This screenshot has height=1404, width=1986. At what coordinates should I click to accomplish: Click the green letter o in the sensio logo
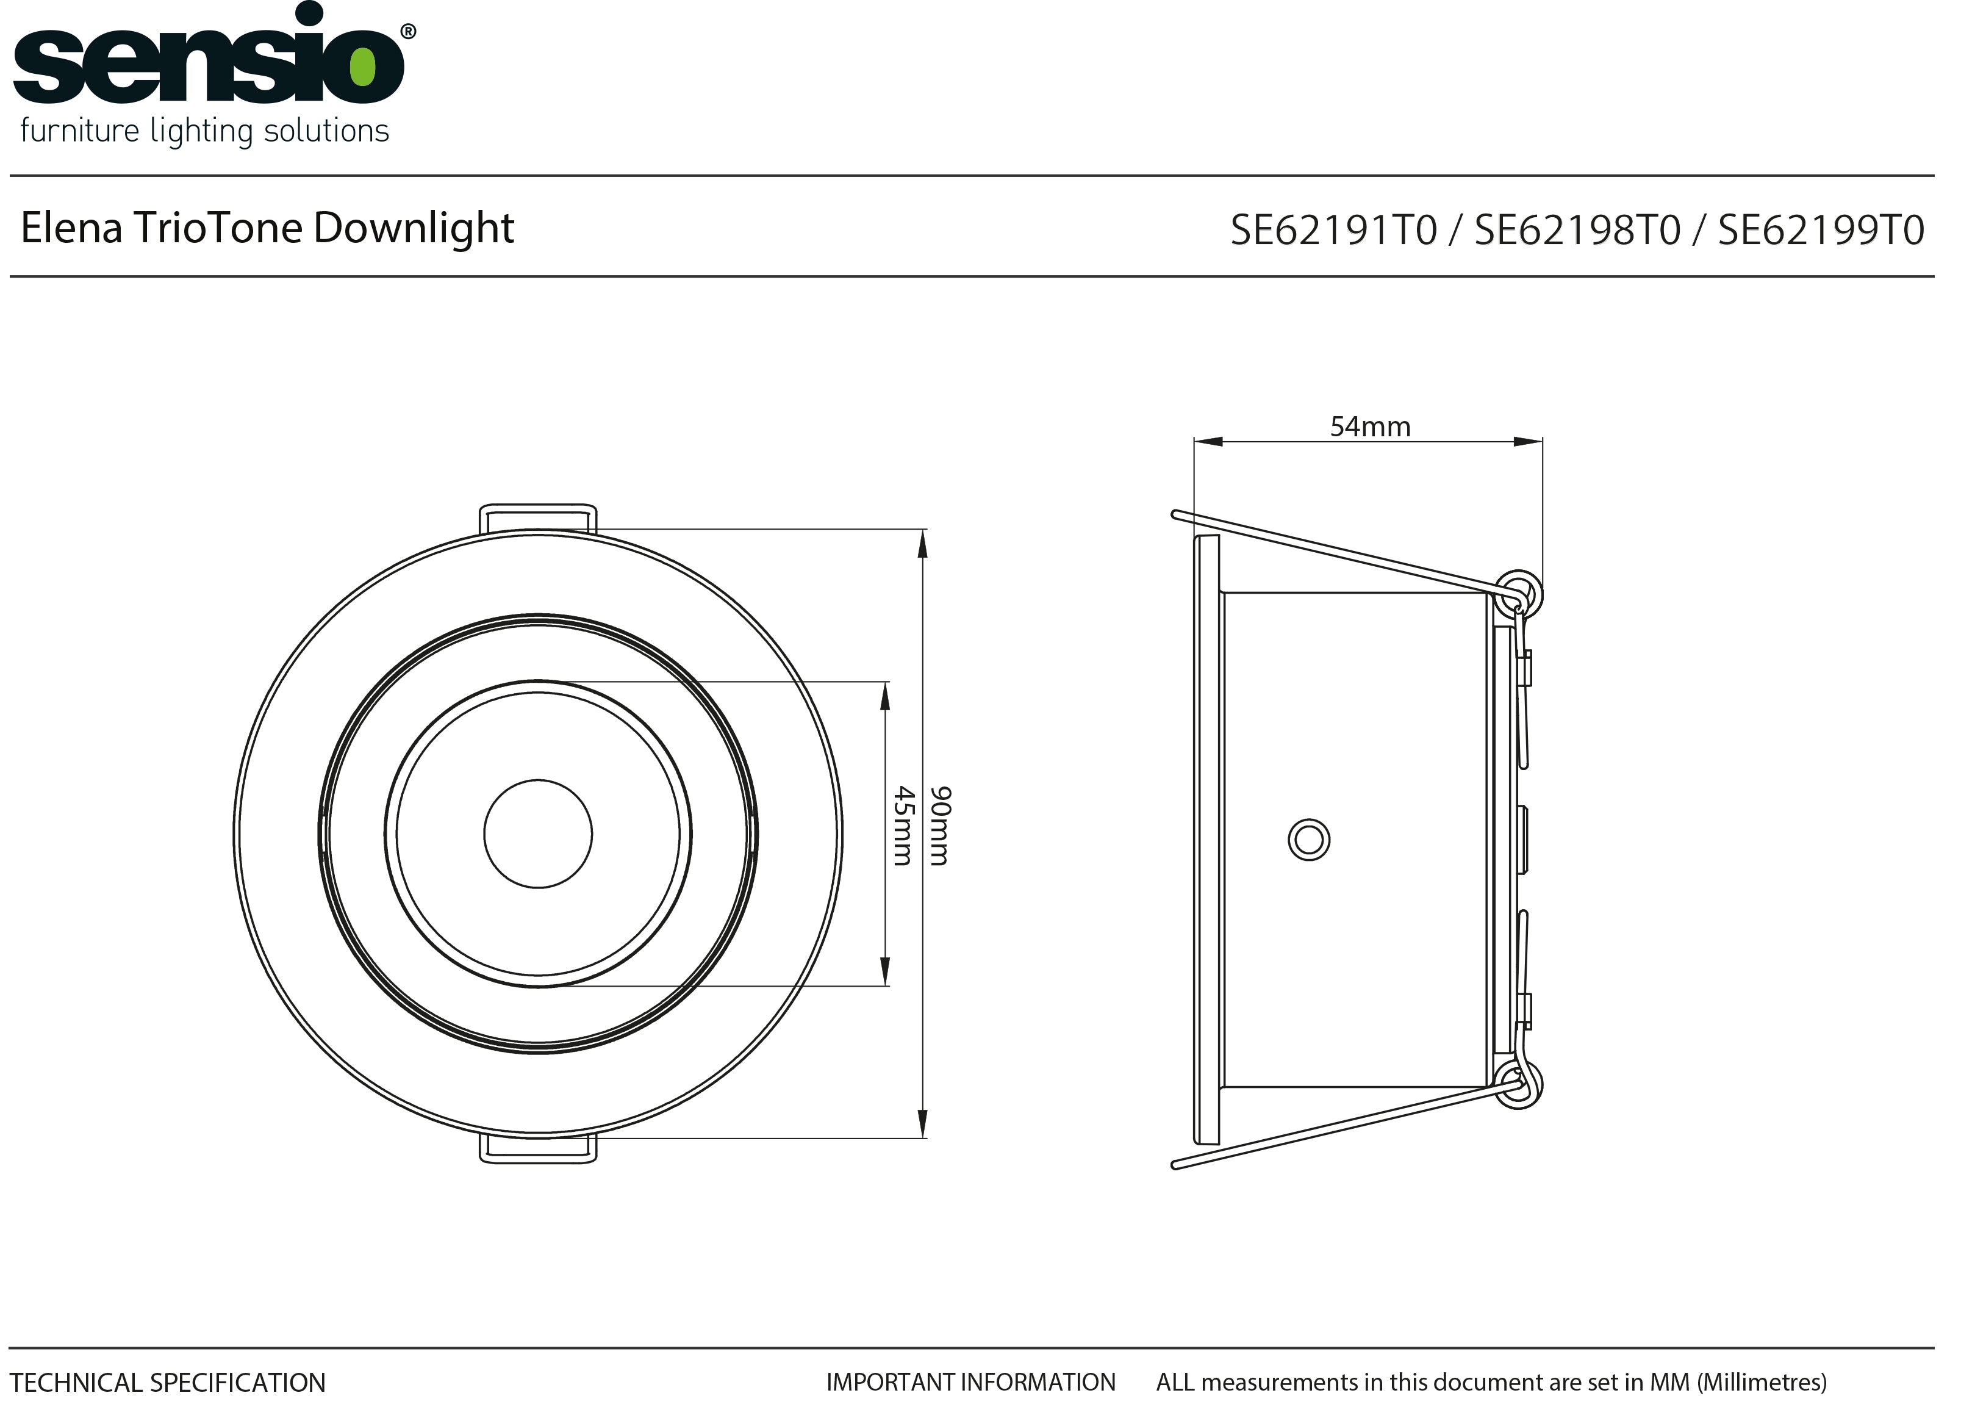coord(362,66)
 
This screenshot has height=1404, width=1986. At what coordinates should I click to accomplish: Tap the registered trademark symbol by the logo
coord(408,32)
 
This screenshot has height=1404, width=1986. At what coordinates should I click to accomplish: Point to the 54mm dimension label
coord(1370,427)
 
